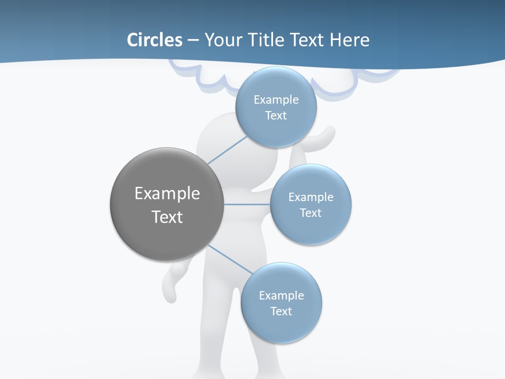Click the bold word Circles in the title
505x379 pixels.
(x=154, y=40)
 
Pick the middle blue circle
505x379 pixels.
(x=310, y=228)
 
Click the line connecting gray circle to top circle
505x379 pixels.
(x=227, y=151)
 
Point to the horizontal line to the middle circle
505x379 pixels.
(x=247, y=204)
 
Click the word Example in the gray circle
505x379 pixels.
(x=167, y=194)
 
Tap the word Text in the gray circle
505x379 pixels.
(x=167, y=217)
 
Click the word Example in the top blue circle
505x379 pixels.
(x=276, y=100)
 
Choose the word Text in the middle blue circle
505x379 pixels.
(x=310, y=213)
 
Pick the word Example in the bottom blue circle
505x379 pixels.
(x=281, y=295)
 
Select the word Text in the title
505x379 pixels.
(x=307, y=40)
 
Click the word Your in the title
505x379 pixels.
(x=223, y=40)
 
